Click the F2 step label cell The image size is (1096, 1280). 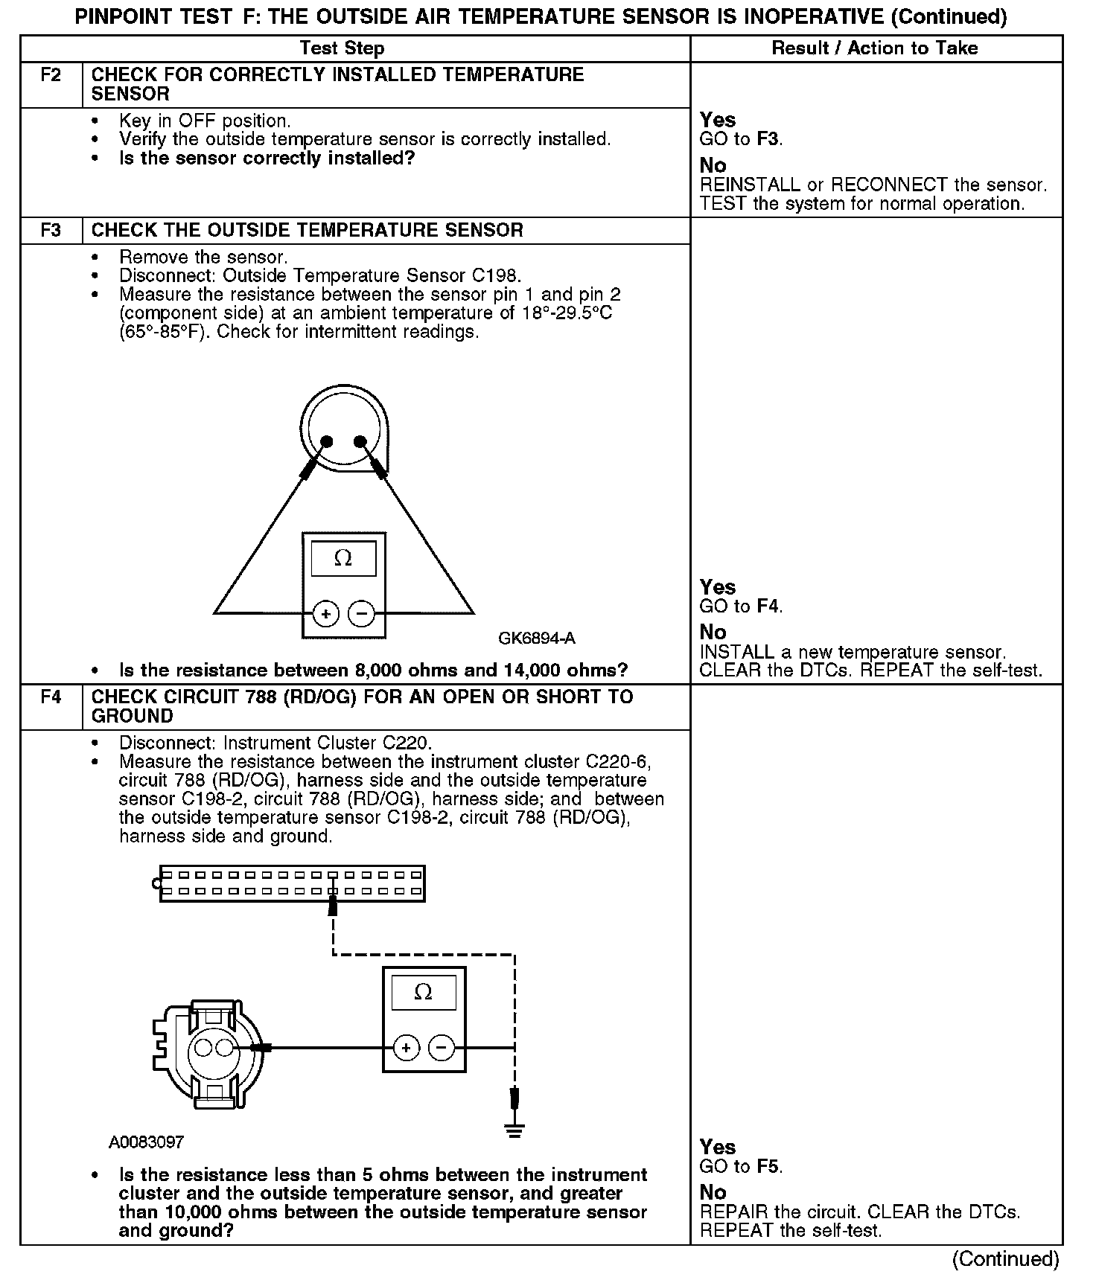click(51, 75)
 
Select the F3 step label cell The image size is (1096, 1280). click(51, 230)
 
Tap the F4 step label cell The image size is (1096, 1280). click(51, 697)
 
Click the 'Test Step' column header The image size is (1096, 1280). click(342, 48)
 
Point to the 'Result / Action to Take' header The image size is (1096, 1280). click(875, 48)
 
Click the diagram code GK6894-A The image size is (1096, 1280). click(536, 639)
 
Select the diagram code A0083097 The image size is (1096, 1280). click(146, 1142)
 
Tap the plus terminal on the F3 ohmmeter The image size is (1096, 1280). click(325, 614)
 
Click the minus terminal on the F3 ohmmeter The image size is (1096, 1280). click(362, 614)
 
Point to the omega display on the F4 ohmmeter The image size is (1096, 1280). click(423, 993)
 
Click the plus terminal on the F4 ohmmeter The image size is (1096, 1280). click(406, 1049)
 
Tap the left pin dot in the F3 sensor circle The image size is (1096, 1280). click(325, 443)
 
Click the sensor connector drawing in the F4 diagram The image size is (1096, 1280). click(208, 1049)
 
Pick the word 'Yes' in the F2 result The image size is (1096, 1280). click(718, 120)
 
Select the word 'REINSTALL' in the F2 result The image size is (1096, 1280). click(750, 185)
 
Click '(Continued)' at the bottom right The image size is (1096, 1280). click(1005, 1258)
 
